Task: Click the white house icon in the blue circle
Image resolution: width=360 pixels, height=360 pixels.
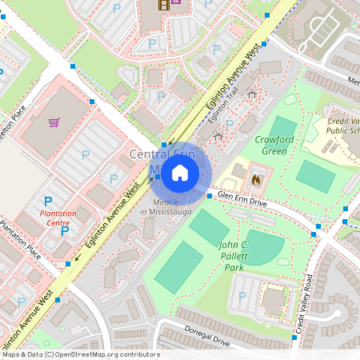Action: click(180, 171)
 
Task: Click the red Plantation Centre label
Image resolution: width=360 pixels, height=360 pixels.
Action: click(58, 218)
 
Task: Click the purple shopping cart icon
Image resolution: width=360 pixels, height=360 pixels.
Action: click(54, 122)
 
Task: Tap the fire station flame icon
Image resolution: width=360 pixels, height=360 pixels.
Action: click(256, 180)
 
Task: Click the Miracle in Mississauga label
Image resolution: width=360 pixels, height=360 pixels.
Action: click(165, 206)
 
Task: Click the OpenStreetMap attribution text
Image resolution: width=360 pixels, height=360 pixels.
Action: click(80, 354)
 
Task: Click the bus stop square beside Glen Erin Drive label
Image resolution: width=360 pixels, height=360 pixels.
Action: click(210, 195)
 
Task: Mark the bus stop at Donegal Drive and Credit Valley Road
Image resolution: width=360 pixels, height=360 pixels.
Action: click(294, 338)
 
